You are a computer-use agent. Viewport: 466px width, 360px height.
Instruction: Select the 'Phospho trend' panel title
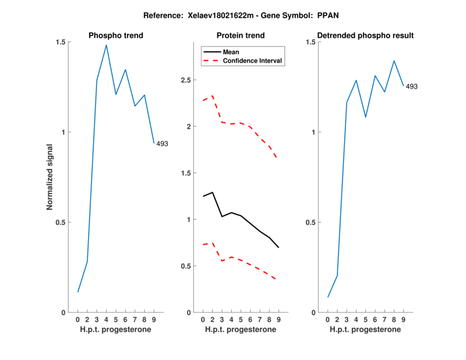[x=116, y=36]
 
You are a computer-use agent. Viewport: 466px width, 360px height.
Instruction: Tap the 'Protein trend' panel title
[x=241, y=36]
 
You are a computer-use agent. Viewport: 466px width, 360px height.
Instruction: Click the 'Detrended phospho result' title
[x=366, y=36]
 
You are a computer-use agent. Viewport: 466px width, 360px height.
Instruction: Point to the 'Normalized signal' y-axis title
[x=50, y=178]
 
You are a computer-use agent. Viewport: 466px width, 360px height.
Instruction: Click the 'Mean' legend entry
[x=231, y=51]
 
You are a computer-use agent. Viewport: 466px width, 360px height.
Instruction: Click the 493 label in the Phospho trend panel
[x=162, y=143]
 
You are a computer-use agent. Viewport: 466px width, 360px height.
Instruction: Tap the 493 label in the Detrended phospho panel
[x=412, y=87]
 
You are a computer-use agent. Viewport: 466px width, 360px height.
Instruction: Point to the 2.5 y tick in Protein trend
[x=187, y=80]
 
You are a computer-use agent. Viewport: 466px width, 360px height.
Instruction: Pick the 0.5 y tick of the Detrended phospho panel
[x=312, y=223]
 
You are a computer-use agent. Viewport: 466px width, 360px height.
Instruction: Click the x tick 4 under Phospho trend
[x=107, y=319]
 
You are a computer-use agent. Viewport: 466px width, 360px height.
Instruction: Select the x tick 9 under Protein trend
[x=279, y=319]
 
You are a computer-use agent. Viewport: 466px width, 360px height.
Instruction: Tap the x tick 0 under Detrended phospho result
[x=328, y=319]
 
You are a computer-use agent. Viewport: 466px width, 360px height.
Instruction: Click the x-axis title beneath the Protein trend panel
[x=241, y=329]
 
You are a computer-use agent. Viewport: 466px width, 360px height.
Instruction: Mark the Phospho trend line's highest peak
[x=107, y=45]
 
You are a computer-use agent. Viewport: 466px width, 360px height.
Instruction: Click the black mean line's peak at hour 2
[x=213, y=192]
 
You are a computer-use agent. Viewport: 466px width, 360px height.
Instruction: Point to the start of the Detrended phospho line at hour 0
[x=328, y=297]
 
